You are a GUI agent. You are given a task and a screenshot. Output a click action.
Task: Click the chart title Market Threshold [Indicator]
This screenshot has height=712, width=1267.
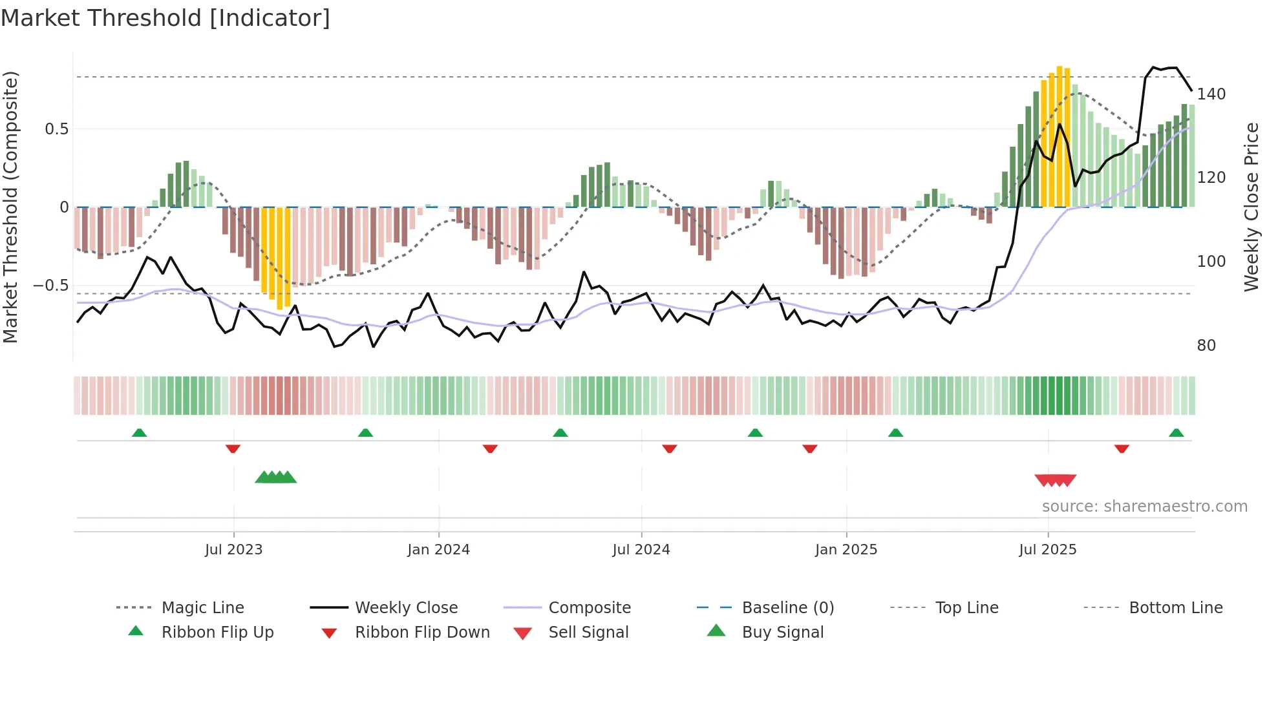pyautogui.click(x=165, y=18)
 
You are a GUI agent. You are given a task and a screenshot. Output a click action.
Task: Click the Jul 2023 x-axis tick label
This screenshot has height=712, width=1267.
pyautogui.click(x=233, y=550)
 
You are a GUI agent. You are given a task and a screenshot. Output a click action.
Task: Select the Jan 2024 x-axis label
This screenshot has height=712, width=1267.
pyautogui.click(x=438, y=550)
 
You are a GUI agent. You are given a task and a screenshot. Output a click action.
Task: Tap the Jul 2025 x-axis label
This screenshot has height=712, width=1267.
pyautogui.click(x=1047, y=550)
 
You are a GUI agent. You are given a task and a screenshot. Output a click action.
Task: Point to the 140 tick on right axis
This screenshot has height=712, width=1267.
pyautogui.click(x=1211, y=94)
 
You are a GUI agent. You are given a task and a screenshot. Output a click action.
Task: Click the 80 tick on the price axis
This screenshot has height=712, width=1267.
pyautogui.click(x=1206, y=346)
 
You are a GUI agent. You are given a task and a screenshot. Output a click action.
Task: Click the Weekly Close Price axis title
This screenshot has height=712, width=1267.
pyautogui.click(x=1251, y=207)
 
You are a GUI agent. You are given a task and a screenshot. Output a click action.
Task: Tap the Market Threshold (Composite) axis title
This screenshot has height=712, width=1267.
pyautogui.click(x=10, y=207)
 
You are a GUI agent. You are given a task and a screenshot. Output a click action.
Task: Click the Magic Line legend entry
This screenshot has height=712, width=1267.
pyautogui.click(x=202, y=608)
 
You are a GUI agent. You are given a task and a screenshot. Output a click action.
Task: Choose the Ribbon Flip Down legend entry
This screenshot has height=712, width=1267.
pyautogui.click(x=421, y=633)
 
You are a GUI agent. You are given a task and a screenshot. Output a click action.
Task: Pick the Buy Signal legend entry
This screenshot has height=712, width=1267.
pyautogui.click(x=782, y=633)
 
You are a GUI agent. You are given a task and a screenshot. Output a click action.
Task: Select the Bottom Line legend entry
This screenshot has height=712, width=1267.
pyautogui.click(x=1175, y=608)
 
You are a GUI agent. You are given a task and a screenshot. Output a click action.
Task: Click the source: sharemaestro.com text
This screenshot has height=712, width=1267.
pyautogui.click(x=1144, y=507)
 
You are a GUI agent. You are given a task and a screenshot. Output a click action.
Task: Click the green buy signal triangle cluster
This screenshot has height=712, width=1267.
pyautogui.click(x=276, y=478)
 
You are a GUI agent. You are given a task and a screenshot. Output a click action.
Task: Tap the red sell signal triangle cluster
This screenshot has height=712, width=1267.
pyautogui.click(x=1055, y=480)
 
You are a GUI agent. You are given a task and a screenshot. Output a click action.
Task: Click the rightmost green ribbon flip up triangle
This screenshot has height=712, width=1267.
pyautogui.click(x=1176, y=433)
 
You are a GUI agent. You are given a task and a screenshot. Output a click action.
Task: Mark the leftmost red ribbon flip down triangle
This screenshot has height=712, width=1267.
pyautogui.click(x=233, y=448)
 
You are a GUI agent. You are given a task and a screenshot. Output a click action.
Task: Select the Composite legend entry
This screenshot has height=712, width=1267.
pyautogui.click(x=589, y=608)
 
